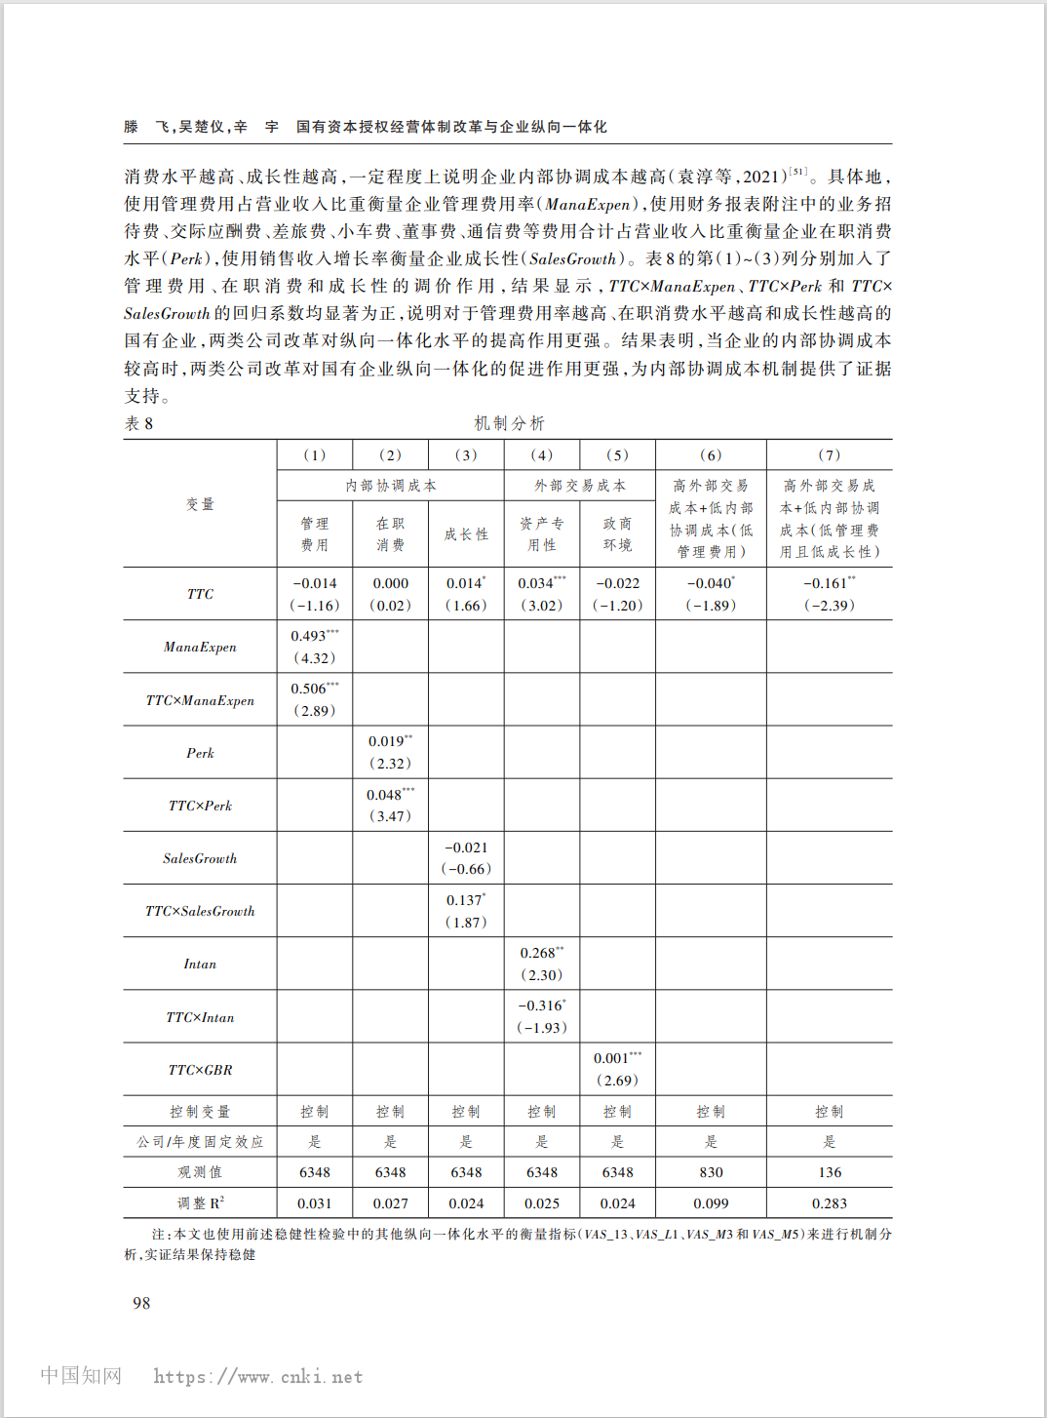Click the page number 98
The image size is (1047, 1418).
(141, 1303)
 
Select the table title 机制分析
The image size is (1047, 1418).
(509, 423)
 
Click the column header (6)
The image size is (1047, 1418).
(711, 454)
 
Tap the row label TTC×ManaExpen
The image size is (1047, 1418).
(200, 700)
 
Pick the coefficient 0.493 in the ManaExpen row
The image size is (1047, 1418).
(310, 636)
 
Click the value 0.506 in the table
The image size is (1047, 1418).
(310, 689)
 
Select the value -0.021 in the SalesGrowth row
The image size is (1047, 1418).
(466, 847)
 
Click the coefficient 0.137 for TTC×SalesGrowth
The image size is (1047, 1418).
(464, 900)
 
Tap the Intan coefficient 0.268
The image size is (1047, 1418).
(538, 953)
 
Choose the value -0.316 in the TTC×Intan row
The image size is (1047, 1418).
(540, 1005)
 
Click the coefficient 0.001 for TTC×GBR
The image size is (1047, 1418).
(612, 1058)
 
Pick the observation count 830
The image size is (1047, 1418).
(711, 1172)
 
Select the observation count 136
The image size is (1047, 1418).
(830, 1172)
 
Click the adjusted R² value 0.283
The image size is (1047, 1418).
(830, 1203)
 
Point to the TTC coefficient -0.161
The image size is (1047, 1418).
(826, 583)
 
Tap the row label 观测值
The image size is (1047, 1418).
(200, 1172)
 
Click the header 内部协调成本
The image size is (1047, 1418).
(390, 485)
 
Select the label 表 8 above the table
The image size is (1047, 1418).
(138, 423)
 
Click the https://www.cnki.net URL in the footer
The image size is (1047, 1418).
(258, 1377)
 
